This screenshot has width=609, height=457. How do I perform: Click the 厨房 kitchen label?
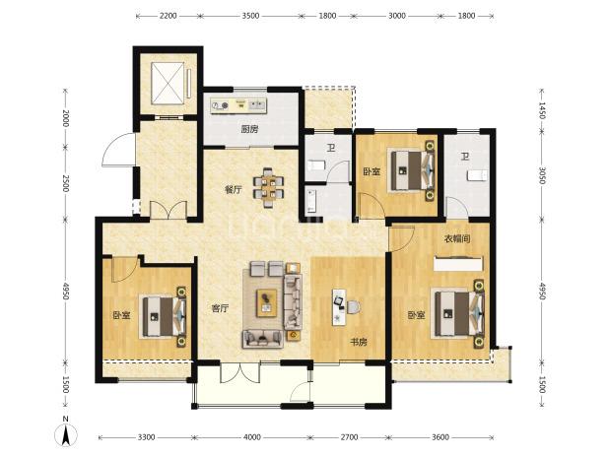pos(249,129)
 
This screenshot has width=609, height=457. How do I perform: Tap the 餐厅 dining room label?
pos(234,189)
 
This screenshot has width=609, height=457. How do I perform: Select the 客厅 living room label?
pos(220,308)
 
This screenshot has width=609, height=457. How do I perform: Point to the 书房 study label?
pos(358,342)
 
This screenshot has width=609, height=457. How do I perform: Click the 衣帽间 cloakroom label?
pos(457,238)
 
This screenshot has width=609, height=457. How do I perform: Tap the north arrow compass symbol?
pos(66,432)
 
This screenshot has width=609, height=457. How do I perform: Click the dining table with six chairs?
pos(268,187)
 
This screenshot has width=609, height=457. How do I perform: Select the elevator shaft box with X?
pos(168,84)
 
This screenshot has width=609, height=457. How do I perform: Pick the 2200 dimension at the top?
pos(168,16)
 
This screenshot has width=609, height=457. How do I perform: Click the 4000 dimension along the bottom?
pos(251,437)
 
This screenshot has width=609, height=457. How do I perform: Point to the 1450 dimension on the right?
pos(542,110)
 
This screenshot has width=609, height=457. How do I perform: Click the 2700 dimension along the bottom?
pos(349,437)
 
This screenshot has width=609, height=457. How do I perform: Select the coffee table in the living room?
pos(266,302)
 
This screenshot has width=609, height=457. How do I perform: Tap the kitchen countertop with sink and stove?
pos(239,105)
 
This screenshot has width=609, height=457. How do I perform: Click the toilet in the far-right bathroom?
pos(477,175)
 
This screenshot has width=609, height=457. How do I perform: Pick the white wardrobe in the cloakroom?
pos(458,263)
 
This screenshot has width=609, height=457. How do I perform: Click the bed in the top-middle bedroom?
pos(412,170)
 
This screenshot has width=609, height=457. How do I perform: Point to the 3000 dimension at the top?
pos(397,16)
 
